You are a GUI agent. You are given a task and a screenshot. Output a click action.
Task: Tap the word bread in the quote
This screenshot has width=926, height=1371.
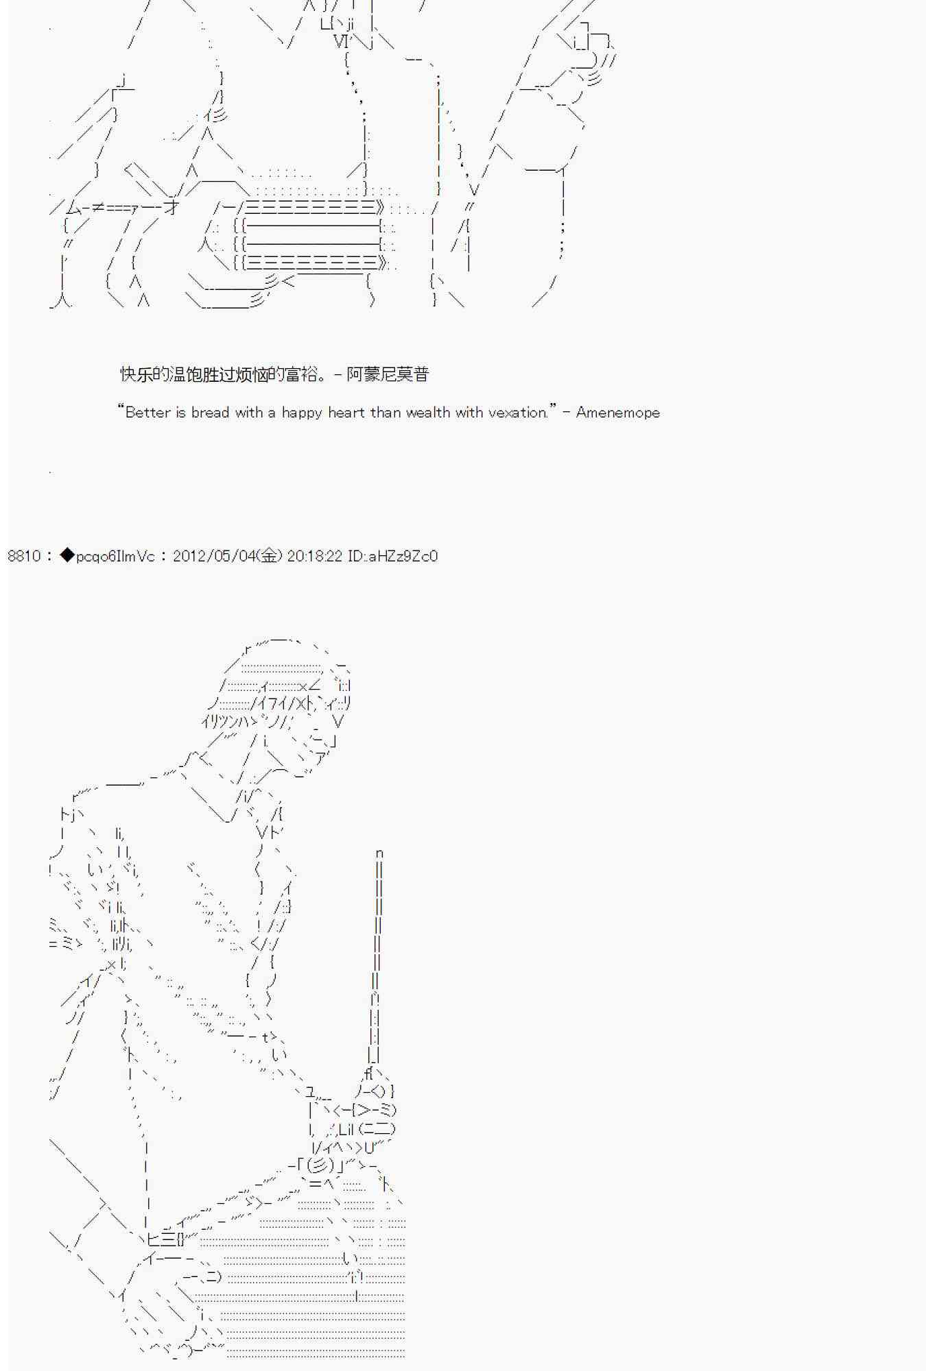210,412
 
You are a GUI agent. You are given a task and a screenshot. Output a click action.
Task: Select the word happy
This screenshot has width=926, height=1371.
301,413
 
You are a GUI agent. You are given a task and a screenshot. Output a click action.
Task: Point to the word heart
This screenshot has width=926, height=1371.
346,412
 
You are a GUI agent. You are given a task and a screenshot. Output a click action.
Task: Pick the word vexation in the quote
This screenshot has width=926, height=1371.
518,412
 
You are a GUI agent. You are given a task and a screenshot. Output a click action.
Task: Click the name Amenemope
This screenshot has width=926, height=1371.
617,412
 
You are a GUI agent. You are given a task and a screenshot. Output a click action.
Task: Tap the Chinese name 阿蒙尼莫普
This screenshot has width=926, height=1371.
388,374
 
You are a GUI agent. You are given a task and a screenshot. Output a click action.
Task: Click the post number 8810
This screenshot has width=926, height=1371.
24,556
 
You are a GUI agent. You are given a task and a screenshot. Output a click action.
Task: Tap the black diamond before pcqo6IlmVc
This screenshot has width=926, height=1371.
67,555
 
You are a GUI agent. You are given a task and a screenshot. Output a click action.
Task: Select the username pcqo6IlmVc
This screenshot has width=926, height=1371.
115,556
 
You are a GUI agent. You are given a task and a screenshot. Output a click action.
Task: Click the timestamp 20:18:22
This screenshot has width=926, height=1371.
314,556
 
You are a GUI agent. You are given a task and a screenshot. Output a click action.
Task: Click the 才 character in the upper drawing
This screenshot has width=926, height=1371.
171,206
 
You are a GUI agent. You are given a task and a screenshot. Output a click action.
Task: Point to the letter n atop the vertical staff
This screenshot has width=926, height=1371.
379,853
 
